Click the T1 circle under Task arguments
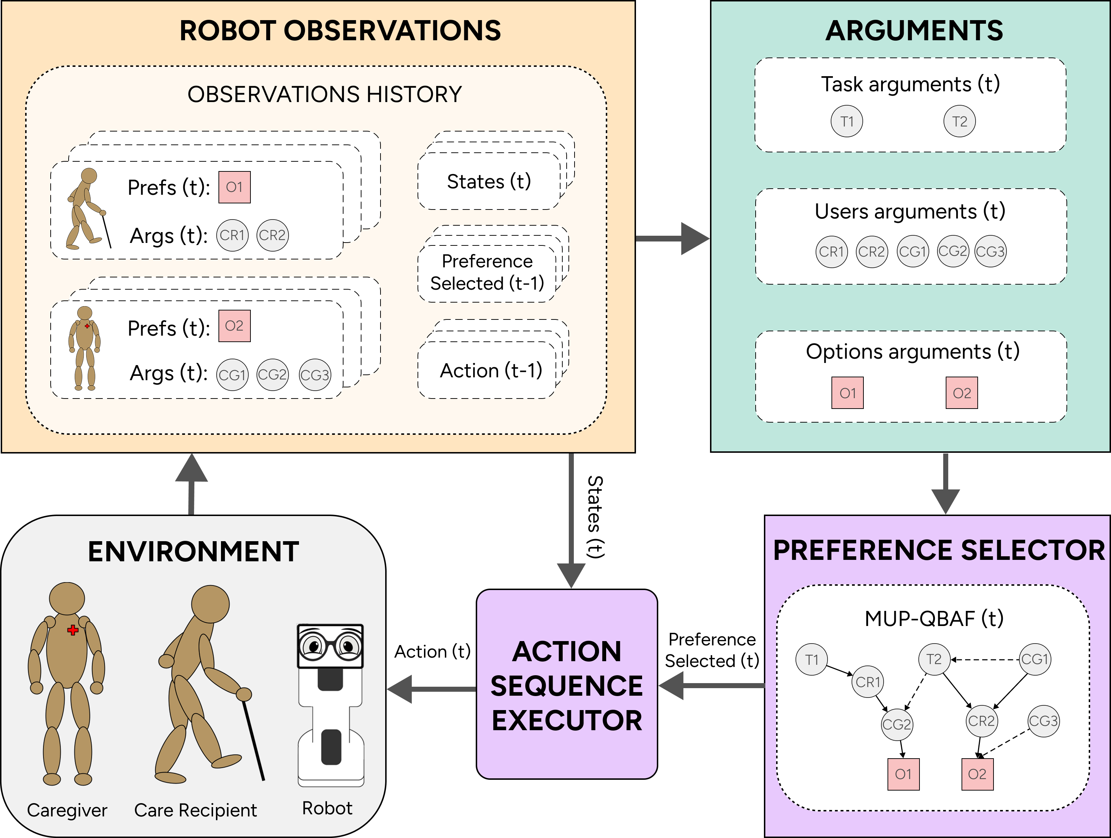pos(847,121)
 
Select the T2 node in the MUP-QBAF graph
pos(934,659)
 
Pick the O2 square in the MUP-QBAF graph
pos(977,774)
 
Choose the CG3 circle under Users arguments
pos(990,251)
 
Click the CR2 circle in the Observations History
pos(272,235)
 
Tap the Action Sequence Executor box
pos(567,684)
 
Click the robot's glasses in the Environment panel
pos(330,646)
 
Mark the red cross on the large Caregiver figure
pos(73,630)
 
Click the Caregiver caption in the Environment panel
pos(67,810)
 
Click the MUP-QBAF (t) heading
pos(934,618)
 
